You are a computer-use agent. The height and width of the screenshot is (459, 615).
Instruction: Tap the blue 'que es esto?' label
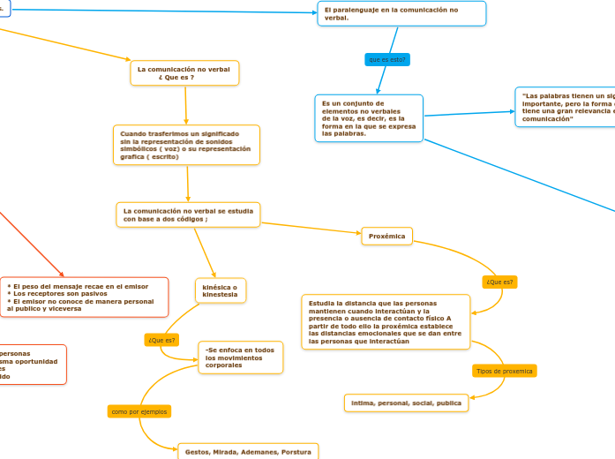coord(387,59)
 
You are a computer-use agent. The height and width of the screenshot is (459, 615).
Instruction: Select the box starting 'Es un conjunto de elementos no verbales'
coord(368,118)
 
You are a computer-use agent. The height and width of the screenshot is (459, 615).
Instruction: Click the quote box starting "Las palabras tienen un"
coord(565,107)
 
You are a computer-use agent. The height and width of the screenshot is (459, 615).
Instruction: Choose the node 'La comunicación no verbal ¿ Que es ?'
coord(184,72)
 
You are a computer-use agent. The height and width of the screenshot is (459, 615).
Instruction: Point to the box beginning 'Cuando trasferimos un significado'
coord(187,145)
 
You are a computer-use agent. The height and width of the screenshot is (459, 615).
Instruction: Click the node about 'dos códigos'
coord(188,214)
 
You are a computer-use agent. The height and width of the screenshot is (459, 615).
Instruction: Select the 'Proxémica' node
coord(386,236)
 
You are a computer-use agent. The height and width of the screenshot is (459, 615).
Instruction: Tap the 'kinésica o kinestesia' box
coord(220,290)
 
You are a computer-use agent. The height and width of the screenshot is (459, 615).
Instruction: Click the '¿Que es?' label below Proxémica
coord(499,282)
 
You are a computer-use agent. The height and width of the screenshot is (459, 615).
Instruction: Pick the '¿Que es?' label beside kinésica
coord(161,340)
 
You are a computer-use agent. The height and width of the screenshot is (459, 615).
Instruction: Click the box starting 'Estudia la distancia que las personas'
coord(386,321)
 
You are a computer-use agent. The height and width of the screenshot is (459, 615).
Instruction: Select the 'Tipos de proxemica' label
coord(505,371)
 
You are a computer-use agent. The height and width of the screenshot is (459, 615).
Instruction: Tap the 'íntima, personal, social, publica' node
coord(406,403)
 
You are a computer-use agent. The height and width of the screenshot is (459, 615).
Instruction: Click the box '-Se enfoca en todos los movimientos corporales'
coord(240,357)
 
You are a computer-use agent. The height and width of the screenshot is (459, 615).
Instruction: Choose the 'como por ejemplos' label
coord(139,411)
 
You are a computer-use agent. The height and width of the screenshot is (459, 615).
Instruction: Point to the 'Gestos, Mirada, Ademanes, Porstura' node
coord(247,451)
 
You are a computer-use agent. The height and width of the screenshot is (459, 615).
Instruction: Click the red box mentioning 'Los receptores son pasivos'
coord(84,297)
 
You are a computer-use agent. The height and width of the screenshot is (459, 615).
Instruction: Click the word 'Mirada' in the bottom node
coord(225,451)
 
